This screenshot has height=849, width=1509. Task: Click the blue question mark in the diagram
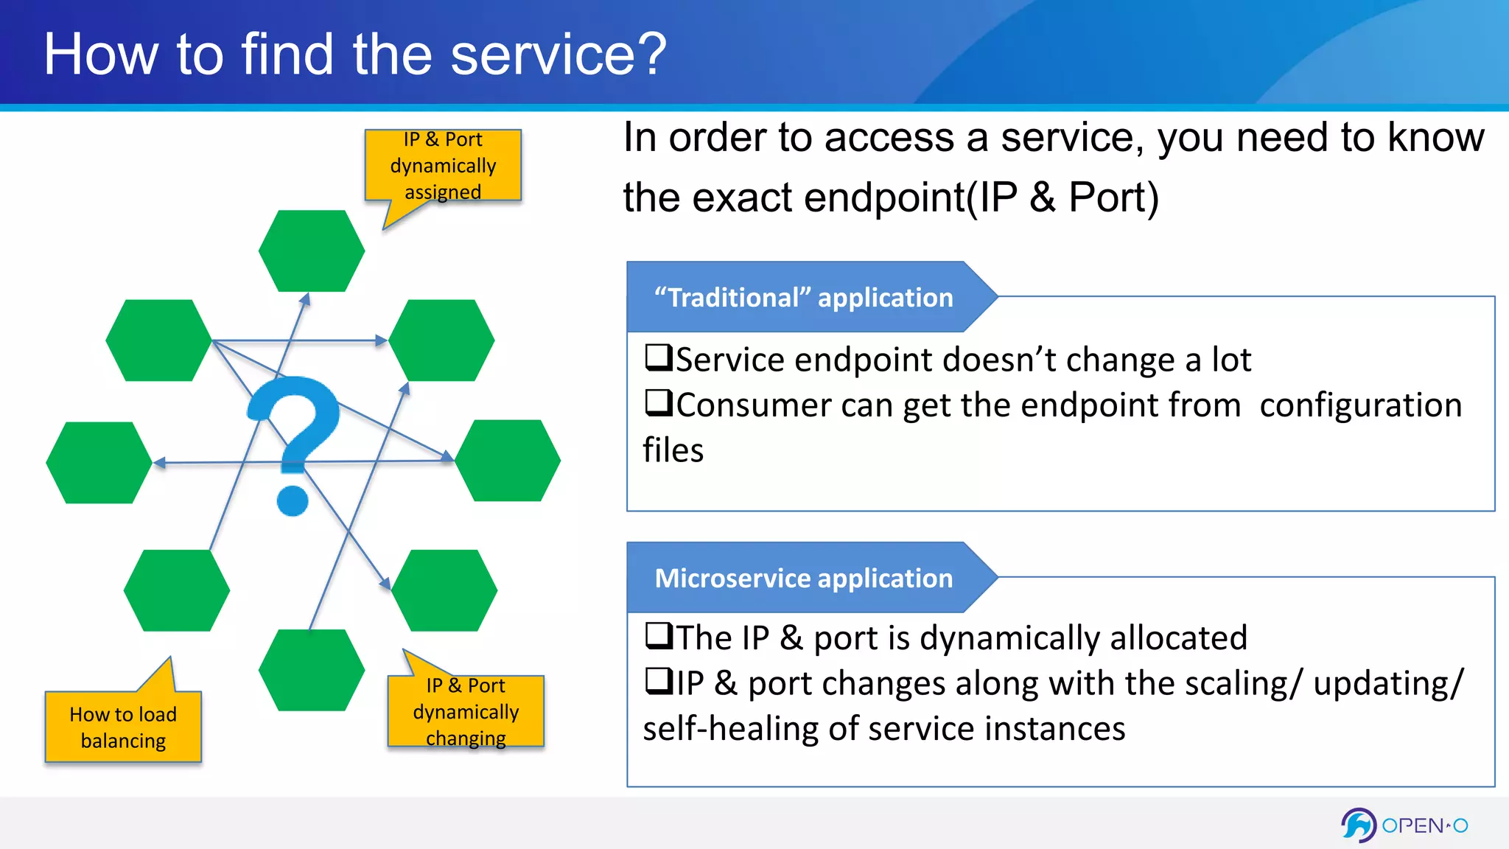298,420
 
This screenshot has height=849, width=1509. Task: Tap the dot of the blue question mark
293,500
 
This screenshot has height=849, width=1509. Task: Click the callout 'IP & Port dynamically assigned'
443,166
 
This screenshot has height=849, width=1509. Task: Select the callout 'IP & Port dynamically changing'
466,711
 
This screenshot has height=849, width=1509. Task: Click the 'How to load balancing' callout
123,727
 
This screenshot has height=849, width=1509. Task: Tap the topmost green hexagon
312,251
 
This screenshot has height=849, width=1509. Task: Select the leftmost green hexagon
99,463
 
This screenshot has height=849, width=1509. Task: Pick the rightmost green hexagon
508,461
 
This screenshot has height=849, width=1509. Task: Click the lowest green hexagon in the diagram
312,670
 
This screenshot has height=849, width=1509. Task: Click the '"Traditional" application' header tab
803,297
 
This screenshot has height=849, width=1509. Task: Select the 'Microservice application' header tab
803,578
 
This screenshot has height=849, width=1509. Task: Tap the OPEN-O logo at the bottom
1404,825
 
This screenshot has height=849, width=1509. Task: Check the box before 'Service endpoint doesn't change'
658,357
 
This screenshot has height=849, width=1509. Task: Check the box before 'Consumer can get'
658,403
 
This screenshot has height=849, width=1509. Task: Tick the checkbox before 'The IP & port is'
658,635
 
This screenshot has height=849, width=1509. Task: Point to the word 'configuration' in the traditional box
1360,405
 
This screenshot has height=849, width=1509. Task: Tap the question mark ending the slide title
653,55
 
